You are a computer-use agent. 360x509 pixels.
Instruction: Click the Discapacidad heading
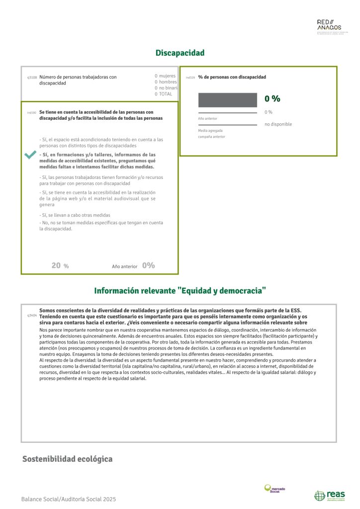tap(180, 53)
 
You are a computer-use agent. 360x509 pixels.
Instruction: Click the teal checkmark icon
tap(30, 156)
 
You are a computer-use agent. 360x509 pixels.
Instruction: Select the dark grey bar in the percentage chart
tap(227, 100)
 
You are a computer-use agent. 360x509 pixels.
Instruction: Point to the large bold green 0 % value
tap(272, 99)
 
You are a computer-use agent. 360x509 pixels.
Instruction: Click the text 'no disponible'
tap(278, 124)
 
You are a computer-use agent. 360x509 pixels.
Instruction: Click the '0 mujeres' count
tap(165, 76)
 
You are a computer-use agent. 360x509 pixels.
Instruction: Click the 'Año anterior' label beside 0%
tap(124, 266)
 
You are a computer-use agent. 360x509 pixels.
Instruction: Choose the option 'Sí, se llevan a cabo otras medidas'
tap(75, 215)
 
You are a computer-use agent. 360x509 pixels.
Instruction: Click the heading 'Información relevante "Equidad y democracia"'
tap(180, 290)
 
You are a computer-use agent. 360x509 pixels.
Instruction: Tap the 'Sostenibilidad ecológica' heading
tap(67, 459)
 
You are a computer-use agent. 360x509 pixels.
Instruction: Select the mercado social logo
tap(274, 489)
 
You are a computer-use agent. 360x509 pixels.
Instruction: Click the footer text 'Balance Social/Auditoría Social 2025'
tap(69, 499)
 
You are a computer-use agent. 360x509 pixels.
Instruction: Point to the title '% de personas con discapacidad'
tap(232, 77)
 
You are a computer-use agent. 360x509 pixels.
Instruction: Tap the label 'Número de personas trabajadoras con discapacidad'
tap(78, 80)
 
